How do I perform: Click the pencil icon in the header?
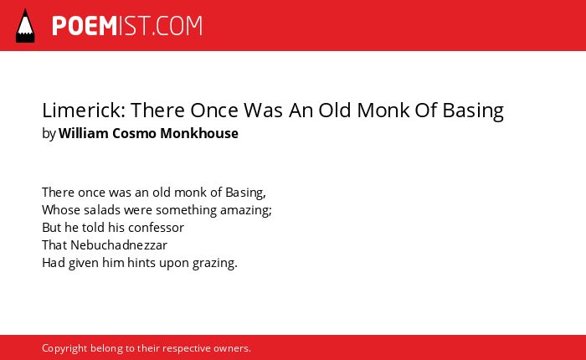tap(25, 25)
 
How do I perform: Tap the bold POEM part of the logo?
tap(85, 26)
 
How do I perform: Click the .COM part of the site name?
tap(177, 26)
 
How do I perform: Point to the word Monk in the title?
tap(383, 111)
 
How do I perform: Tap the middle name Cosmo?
tap(134, 133)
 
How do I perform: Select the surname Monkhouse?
tap(199, 133)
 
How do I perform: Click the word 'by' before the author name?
tap(49, 134)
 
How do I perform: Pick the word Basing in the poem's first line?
tap(245, 193)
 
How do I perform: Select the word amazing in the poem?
tap(246, 210)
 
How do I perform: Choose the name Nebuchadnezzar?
tap(119, 245)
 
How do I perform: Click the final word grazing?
tap(215, 264)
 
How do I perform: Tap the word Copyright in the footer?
tap(64, 348)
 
